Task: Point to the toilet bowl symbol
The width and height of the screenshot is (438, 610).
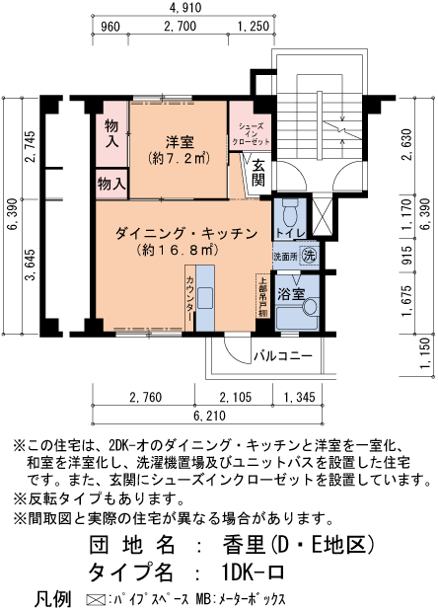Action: pos(289,211)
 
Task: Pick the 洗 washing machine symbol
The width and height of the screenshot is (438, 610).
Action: pos(310,254)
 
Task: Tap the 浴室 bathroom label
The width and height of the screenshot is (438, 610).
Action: pos(290,294)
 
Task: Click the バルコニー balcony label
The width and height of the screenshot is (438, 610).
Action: pos(283,355)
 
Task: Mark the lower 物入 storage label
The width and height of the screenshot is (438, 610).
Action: pos(110,183)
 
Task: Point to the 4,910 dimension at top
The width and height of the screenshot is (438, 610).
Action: pos(184,8)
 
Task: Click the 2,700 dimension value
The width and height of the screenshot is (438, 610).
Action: pos(183,26)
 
